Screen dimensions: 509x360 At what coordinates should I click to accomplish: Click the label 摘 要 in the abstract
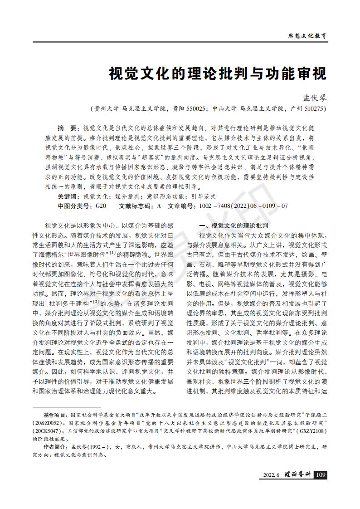coord(68,128)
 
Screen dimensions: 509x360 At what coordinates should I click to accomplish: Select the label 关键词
coord(68,197)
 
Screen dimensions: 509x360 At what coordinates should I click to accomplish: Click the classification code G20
coord(100,206)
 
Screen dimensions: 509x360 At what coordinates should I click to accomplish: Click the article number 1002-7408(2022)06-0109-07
coord(243,206)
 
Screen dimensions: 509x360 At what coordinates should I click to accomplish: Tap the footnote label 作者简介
coord(54,446)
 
